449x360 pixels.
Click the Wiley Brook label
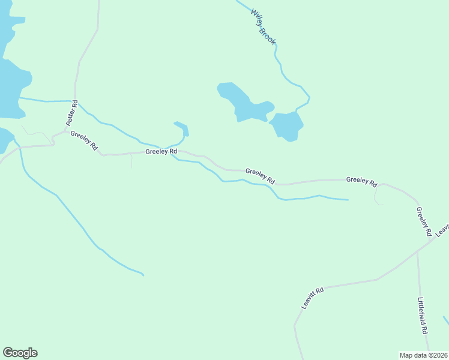click(x=263, y=28)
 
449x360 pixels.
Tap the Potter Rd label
click(x=71, y=112)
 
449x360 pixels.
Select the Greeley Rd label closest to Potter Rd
click(x=84, y=140)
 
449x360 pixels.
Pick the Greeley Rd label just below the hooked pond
click(x=161, y=152)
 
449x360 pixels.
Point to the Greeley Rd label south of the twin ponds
click(x=259, y=176)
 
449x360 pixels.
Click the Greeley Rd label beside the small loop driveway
click(x=361, y=181)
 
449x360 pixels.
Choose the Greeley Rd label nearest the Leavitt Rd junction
click(x=424, y=221)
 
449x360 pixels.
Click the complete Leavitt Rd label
click(x=312, y=298)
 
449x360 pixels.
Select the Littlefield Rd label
click(x=423, y=315)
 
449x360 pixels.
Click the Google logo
click(x=20, y=353)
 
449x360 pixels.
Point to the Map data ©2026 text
click(x=424, y=355)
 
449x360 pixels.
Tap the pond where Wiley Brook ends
click(x=286, y=127)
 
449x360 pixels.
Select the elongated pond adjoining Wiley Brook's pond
click(x=243, y=103)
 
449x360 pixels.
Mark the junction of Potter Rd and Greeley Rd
click(x=65, y=130)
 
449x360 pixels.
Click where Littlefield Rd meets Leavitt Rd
click(x=418, y=251)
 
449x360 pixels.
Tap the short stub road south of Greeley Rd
click(x=131, y=160)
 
